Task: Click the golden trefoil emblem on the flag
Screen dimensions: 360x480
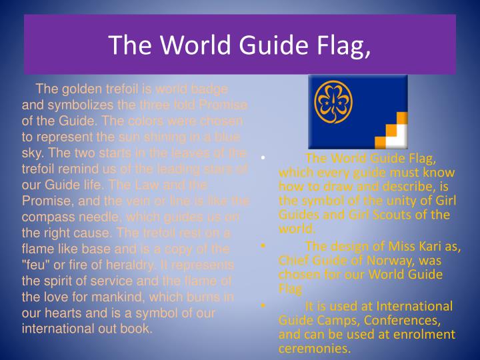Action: coord(337,105)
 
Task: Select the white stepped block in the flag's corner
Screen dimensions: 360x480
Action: coord(398,139)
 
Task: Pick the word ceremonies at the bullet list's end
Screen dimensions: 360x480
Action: coord(314,348)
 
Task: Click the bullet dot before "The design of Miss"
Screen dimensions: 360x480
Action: coord(264,247)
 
